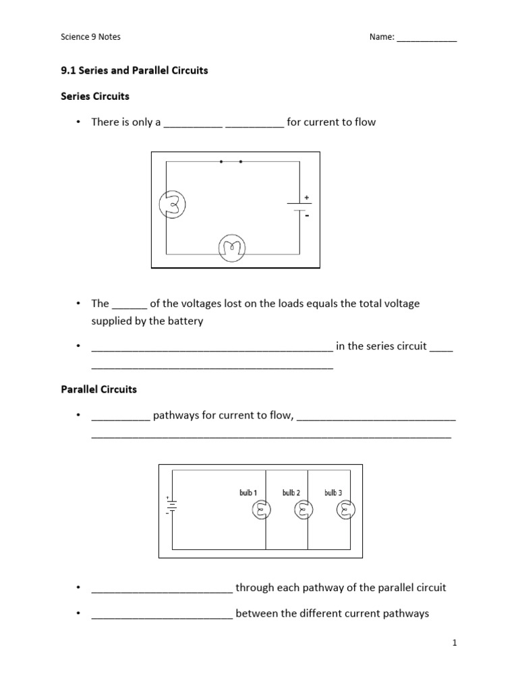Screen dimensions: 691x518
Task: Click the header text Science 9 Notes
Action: [x=91, y=37]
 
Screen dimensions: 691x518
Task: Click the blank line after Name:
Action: [x=426, y=38]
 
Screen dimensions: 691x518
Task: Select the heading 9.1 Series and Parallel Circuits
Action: [x=135, y=70]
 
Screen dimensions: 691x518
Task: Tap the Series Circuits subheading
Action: [x=95, y=96]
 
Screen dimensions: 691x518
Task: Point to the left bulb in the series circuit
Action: [x=171, y=204]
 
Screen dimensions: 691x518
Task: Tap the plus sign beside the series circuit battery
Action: [x=307, y=197]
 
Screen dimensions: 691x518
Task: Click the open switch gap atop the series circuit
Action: [x=231, y=162]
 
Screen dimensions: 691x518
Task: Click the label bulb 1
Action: [x=248, y=493]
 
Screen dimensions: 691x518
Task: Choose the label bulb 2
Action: [x=291, y=493]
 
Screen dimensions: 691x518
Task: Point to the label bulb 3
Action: [x=333, y=493]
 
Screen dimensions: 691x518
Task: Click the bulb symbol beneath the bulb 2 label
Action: [x=304, y=512]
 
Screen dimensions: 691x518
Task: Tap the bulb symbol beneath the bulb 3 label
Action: [x=345, y=512]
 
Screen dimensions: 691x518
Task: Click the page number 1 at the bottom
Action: [x=455, y=644]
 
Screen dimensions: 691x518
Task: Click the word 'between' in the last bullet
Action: [x=256, y=613]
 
